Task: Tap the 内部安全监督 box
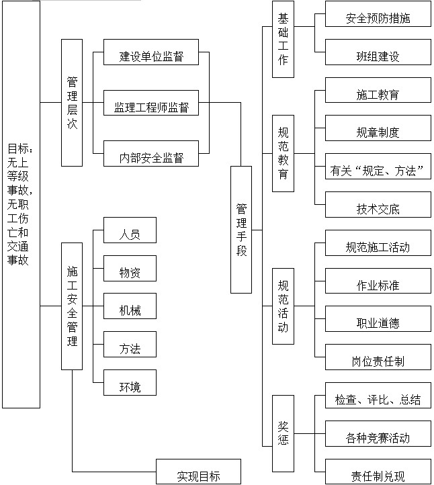click(x=152, y=159)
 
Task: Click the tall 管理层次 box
click(x=72, y=102)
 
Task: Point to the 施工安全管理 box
click(x=72, y=306)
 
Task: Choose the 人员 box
click(x=130, y=234)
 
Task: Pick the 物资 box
click(x=130, y=272)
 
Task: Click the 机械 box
click(x=130, y=310)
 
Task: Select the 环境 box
click(x=130, y=387)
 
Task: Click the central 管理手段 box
click(x=241, y=229)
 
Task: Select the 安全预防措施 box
click(x=378, y=19)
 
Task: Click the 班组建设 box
click(x=378, y=56)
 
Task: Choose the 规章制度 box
click(x=378, y=132)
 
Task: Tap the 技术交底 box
click(x=378, y=208)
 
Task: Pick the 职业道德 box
click(x=378, y=323)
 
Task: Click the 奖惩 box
click(x=283, y=433)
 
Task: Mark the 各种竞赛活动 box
click(x=378, y=438)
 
